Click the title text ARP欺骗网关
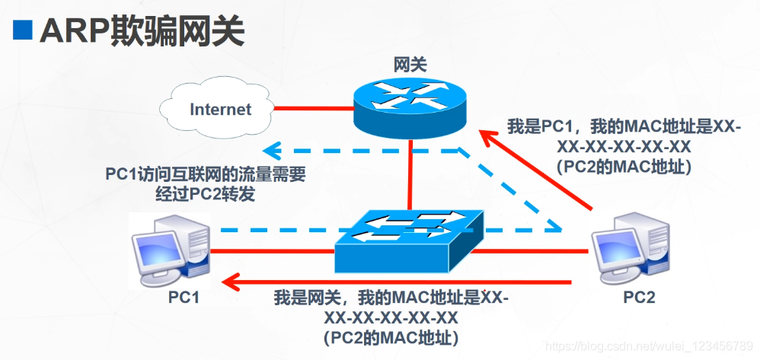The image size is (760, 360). [142, 30]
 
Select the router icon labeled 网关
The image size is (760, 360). [410, 106]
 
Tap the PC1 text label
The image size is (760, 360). [184, 298]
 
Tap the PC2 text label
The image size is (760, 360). [638, 298]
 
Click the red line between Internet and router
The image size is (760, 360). [312, 107]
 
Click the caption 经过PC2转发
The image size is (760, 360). [205, 193]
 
